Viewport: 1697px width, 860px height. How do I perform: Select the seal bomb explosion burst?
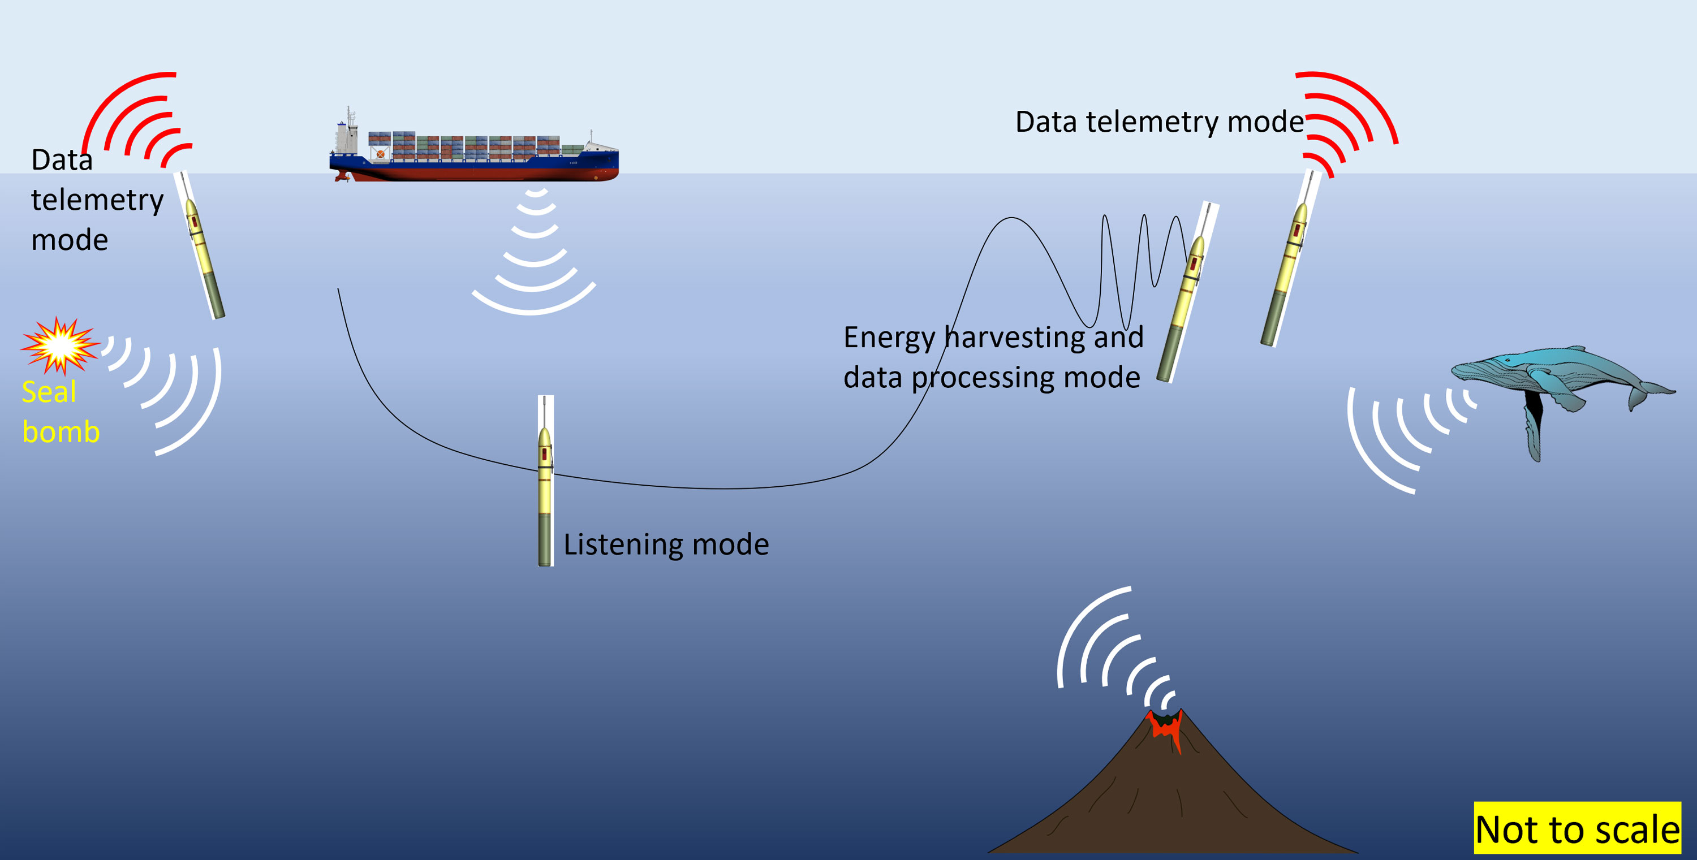(x=60, y=345)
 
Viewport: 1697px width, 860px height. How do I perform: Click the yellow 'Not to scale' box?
(x=1577, y=828)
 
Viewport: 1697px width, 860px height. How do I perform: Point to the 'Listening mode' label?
(x=665, y=544)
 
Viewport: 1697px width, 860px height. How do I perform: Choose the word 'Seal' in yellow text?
(x=49, y=392)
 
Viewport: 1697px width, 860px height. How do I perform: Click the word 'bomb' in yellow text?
(x=61, y=432)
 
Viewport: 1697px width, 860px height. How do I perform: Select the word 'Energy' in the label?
(x=889, y=338)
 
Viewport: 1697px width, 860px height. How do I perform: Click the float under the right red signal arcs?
(x=1289, y=263)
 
